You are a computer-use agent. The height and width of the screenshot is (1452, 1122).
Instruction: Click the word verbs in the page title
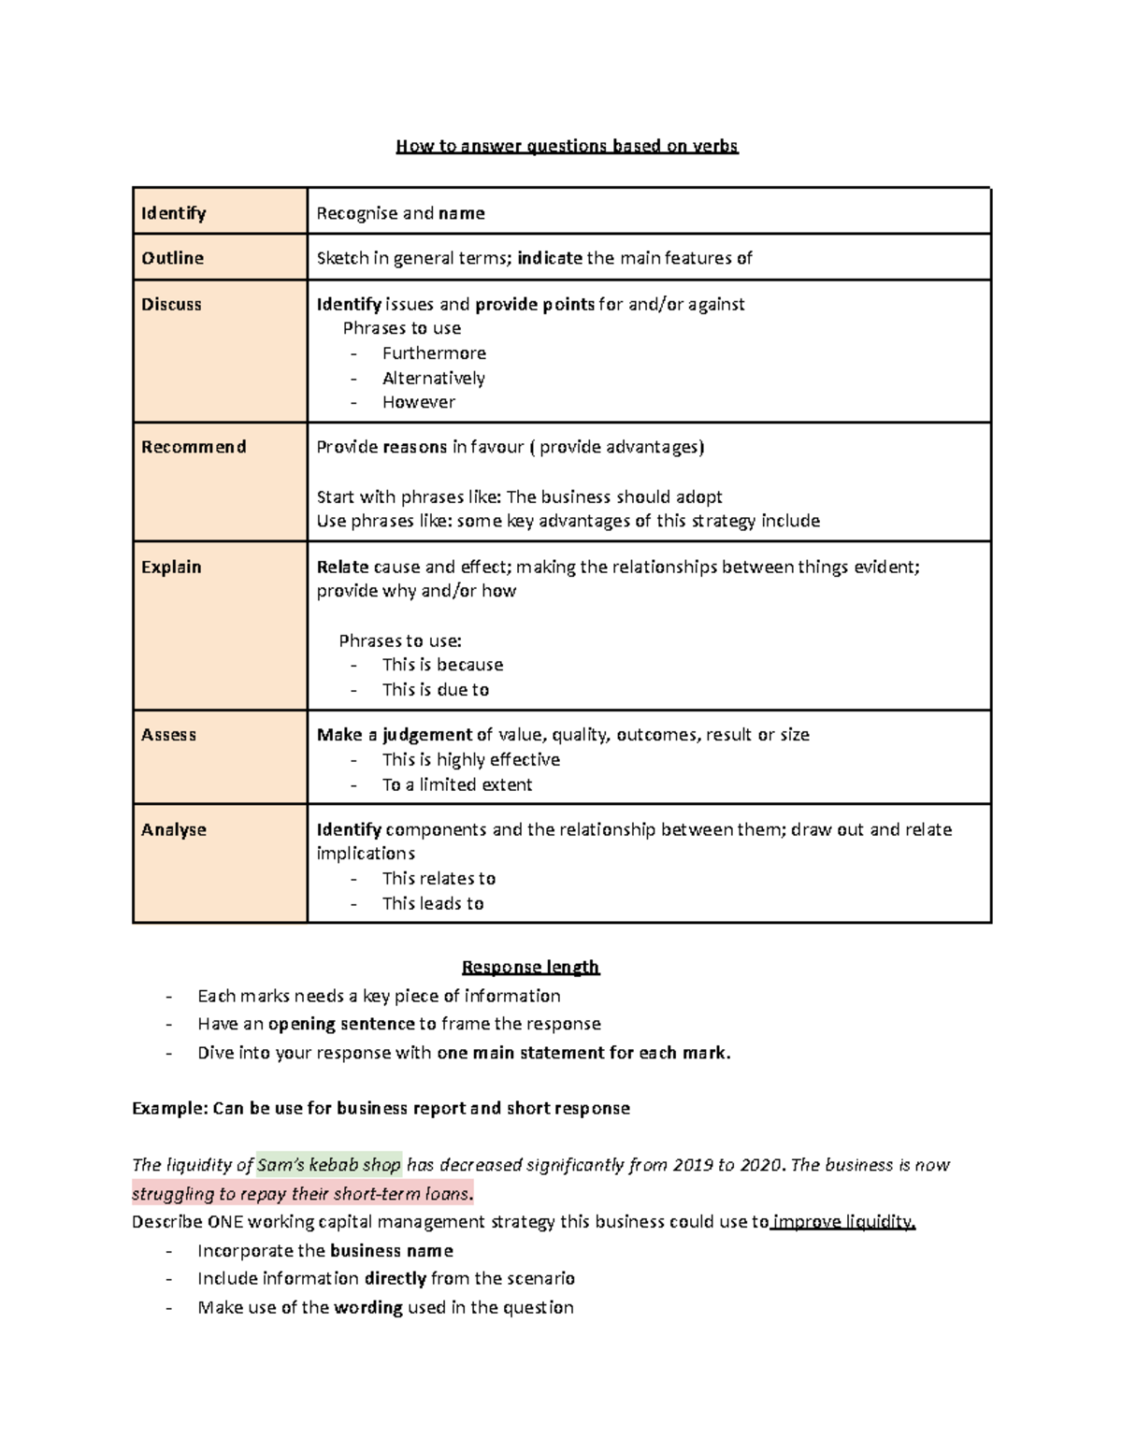click(714, 146)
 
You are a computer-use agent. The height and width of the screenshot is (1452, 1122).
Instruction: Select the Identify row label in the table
click(174, 213)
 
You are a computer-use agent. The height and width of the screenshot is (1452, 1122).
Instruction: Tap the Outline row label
click(172, 258)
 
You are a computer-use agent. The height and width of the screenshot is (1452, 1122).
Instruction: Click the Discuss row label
click(171, 305)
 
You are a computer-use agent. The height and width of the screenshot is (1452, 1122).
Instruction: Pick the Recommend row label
click(194, 447)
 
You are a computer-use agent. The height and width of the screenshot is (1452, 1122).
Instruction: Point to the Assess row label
click(168, 735)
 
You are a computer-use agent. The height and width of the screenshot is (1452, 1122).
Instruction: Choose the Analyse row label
click(174, 830)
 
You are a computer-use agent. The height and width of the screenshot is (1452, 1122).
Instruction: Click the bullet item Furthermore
click(434, 353)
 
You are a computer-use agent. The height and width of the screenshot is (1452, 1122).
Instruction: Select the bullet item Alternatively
click(434, 379)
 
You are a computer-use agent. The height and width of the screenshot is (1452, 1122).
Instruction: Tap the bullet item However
click(419, 402)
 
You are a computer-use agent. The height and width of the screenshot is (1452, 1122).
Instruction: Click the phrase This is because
click(442, 665)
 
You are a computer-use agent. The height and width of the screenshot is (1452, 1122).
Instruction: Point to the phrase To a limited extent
click(457, 785)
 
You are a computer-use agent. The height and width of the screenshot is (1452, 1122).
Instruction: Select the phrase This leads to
click(433, 904)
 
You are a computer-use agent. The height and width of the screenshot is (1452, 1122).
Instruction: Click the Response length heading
click(530, 967)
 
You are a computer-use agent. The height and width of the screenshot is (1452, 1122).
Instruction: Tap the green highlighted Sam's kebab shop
click(329, 1165)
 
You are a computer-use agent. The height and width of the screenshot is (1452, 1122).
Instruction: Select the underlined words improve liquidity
click(843, 1222)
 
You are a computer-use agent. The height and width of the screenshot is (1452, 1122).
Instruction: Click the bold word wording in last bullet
click(367, 1308)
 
